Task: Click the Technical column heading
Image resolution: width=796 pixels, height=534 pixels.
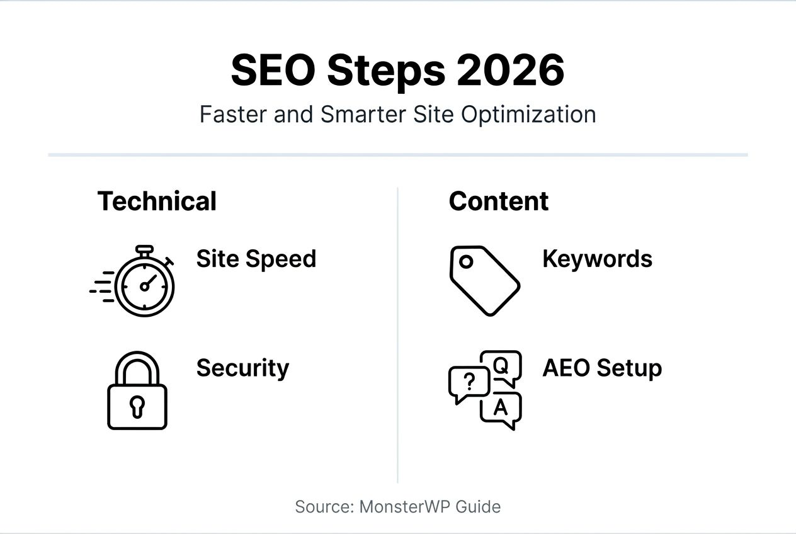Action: (157, 202)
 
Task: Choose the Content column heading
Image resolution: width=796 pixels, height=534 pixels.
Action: (498, 202)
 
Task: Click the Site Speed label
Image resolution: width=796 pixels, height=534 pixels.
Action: (256, 259)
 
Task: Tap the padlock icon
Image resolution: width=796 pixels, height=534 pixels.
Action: (137, 391)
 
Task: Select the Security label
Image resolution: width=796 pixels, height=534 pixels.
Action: (242, 368)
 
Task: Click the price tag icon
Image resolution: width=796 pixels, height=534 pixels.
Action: (484, 280)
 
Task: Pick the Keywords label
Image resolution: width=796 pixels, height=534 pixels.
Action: (597, 259)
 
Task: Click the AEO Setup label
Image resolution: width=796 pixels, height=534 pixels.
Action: (601, 368)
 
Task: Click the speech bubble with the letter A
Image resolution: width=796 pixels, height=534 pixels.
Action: (501, 409)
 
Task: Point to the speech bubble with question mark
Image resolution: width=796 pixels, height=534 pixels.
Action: (467, 382)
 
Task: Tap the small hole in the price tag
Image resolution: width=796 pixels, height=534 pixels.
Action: (466, 261)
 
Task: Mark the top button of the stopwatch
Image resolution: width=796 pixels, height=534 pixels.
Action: (144, 250)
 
